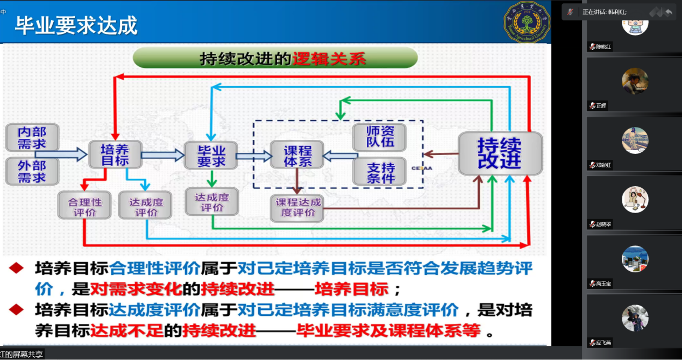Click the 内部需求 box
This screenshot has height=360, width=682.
(x=32, y=138)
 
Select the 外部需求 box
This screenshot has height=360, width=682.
(x=32, y=172)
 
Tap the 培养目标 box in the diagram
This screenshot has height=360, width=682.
(x=115, y=155)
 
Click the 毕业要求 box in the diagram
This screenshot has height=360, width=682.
(x=211, y=156)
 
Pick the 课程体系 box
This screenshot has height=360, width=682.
(x=297, y=155)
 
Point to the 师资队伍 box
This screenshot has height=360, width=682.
(x=380, y=137)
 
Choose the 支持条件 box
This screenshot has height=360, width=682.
(x=380, y=172)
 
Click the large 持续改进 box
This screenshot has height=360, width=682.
(x=500, y=153)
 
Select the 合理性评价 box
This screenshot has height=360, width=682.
(x=84, y=206)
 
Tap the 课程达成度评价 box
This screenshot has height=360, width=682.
(x=298, y=208)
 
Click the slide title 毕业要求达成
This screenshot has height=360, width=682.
(x=76, y=25)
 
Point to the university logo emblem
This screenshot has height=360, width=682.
(x=527, y=23)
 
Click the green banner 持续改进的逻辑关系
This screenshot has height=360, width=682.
(x=275, y=58)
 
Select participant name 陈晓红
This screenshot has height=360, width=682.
(x=603, y=47)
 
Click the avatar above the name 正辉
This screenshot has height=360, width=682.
(x=635, y=81)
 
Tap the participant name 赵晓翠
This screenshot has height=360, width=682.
(x=603, y=224)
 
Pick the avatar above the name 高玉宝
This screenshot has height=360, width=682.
(x=635, y=258)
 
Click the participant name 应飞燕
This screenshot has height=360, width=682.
(x=603, y=343)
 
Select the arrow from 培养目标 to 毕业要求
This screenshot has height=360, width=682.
(x=162, y=155)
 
